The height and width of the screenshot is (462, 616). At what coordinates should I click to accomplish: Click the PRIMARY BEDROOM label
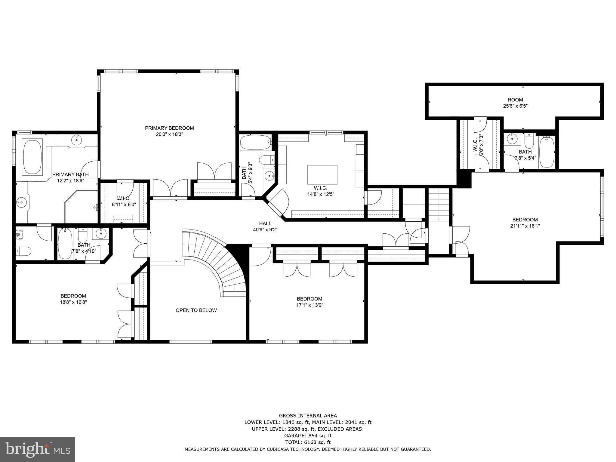click(x=169, y=128)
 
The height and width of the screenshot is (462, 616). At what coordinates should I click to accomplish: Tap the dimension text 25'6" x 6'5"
click(x=515, y=106)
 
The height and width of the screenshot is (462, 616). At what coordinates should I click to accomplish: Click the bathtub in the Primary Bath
click(x=32, y=156)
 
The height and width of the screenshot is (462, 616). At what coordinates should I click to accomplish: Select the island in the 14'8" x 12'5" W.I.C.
click(x=322, y=174)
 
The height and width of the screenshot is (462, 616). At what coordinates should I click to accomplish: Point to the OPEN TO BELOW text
click(x=196, y=310)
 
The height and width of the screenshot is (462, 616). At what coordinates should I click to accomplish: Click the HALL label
click(x=265, y=223)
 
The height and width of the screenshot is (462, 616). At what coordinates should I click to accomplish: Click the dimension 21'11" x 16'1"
click(x=525, y=226)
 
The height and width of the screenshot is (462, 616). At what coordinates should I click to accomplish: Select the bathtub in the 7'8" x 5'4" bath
click(x=546, y=152)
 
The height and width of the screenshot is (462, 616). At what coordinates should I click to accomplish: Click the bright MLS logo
click(x=38, y=449)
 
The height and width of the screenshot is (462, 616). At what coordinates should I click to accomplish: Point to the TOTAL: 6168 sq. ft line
click(x=308, y=442)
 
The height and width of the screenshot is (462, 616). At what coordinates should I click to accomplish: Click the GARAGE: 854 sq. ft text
click(x=308, y=436)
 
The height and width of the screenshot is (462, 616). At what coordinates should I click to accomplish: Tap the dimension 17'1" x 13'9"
click(x=309, y=305)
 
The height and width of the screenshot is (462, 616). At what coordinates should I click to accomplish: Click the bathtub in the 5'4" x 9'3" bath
click(x=256, y=143)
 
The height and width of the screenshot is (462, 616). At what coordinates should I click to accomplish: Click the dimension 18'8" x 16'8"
click(x=73, y=302)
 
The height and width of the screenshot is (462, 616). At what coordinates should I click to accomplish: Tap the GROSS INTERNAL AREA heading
click(x=308, y=416)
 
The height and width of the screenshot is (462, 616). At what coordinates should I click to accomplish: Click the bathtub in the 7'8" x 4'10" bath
click(x=65, y=244)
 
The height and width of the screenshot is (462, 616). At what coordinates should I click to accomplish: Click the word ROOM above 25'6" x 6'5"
click(x=515, y=100)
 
